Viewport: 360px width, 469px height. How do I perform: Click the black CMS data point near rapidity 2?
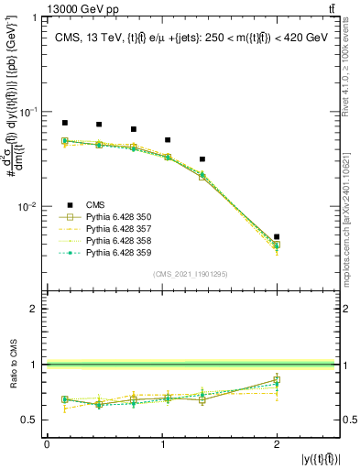click(x=277, y=236)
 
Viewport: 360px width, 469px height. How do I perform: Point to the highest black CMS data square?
click(x=64, y=122)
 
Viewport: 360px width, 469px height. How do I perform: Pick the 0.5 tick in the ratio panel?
click(x=33, y=420)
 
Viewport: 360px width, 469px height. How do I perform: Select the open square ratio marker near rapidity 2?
click(x=277, y=379)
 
